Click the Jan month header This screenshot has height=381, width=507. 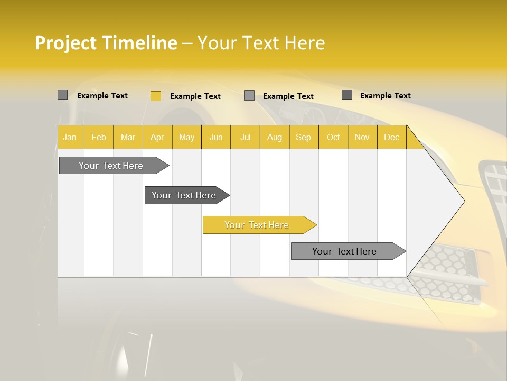70,138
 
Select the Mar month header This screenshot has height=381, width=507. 128,138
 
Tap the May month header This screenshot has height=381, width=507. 186,138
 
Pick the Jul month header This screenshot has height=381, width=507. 245,138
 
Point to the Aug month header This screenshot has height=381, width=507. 274,138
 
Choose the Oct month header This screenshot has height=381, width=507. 333,138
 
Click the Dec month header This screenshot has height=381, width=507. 391,138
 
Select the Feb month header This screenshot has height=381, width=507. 99,138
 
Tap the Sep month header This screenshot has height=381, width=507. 303,138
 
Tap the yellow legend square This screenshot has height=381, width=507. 156,96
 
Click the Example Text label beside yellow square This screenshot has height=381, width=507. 195,96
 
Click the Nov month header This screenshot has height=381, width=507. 362,138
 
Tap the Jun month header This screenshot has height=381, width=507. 216,138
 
